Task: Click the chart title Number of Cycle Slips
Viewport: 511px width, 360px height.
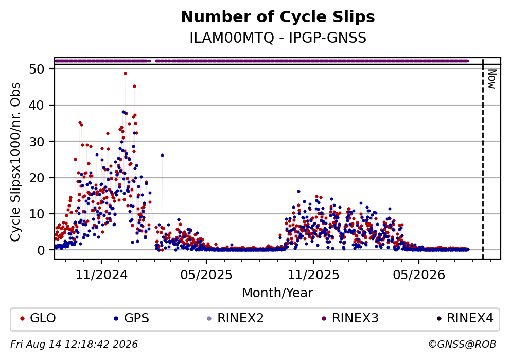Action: pyautogui.click(x=278, y=17)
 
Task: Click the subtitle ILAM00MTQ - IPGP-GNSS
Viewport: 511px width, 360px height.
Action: pyautogui.click(x=278, y=38)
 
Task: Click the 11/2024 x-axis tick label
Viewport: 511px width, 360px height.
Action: pyautogui.click(x=101, y=275)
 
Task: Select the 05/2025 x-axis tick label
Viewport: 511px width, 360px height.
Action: pyautogui.click(x=206, y=275)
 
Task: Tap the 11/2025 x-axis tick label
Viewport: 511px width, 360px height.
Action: pyautogui.click(x=313, y=275)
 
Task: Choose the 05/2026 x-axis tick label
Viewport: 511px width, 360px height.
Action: pyautogui.click(x=419, y=275)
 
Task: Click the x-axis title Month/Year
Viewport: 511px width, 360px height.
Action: pyautogui.click(x=278, y=293)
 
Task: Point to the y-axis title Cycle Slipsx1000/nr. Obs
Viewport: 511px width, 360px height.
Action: pyautogui.click(x=15, y=162)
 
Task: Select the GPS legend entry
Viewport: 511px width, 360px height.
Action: pyautogui.click(x=132, y=318)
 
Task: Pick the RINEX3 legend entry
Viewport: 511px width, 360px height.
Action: pyautogui.click(x=350, y=318)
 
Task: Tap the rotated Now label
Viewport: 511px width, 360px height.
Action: pyautogui.click(x=492, y=79)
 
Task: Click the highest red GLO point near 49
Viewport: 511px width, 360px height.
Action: pyautogui.click(x=125, y=73)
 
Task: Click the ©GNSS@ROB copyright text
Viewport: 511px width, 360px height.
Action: pyautogui.click(x=462, y=345)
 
